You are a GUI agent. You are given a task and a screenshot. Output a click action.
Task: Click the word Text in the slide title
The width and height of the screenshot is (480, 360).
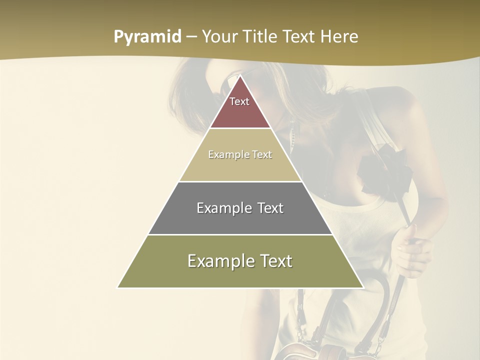coord(299,37)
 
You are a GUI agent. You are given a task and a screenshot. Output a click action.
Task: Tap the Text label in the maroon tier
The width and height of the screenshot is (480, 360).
coord(239,101)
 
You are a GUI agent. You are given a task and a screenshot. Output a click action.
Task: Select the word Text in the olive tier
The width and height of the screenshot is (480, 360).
coord(272,261)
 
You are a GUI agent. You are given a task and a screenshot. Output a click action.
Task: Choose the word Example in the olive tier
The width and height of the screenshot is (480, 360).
coord(218,261)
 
